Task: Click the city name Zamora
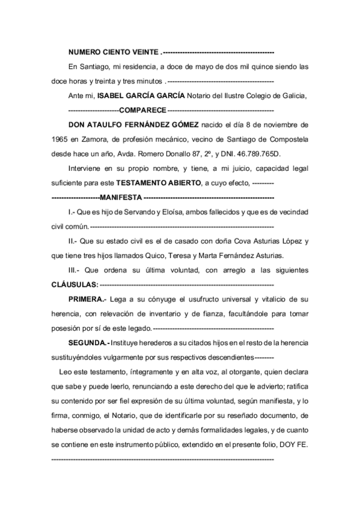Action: tap(97, 140)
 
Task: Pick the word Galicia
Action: tap(293, 96)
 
